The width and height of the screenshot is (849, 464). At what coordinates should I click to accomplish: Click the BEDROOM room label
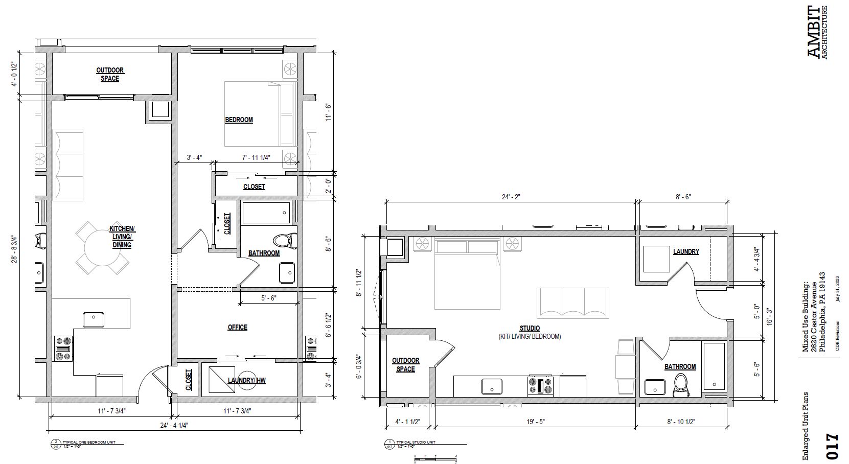(x=239, y=120)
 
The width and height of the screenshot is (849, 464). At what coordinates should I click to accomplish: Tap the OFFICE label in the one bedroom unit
(x=237, y=327)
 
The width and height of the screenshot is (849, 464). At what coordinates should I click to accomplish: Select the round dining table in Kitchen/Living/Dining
(x=102, y=248)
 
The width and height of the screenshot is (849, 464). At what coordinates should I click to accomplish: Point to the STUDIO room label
(x=530, y=328)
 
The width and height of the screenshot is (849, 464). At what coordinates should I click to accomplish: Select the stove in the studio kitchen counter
(x=541, y=386)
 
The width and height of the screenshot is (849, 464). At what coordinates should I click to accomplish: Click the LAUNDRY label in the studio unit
(x=686, y=251)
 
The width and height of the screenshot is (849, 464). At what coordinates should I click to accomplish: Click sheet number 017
(x=832, y=446)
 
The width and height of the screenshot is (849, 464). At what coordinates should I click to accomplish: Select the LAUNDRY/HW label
(x=246, y=380)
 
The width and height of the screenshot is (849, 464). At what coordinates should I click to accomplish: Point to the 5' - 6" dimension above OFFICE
(x=268, y=298)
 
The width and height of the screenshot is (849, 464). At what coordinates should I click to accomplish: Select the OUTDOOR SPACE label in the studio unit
(x=405, y=365)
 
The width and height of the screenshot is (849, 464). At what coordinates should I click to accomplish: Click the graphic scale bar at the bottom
(x=435, y=457)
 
